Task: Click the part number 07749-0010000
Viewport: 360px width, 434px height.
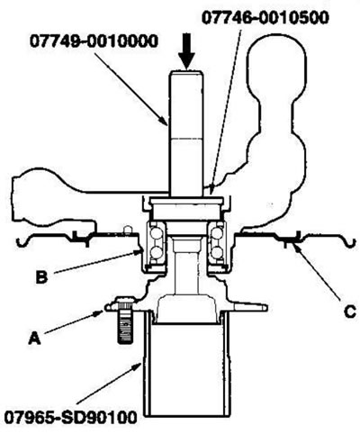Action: coord(94,41)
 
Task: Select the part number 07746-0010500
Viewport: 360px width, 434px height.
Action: coord(265,17)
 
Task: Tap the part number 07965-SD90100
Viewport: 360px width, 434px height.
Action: coord(70,417)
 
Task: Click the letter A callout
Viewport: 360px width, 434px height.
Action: coord(34,339)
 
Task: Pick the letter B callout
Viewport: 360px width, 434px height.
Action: coord(41,276)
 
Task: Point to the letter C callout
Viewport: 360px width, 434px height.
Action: coord(349,312)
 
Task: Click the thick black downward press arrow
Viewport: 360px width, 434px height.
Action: coord(186,50)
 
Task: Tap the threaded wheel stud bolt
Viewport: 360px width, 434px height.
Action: coord(125,320)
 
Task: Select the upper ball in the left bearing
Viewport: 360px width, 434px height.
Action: coord(156,232)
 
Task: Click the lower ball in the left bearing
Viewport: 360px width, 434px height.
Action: coord(156,252)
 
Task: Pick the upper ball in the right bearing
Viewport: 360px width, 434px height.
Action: coord(217,232)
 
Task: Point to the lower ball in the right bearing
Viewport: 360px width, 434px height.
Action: coord(217,252)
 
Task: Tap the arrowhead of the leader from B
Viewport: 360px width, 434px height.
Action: coord(137,254)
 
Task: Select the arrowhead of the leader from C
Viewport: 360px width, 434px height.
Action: coord(296,248)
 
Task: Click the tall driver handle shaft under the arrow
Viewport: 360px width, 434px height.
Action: coord(186,132)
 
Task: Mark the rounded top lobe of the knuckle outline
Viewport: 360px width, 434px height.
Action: coord(276,61)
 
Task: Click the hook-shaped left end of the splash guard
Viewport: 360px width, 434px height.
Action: coord(22,242)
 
